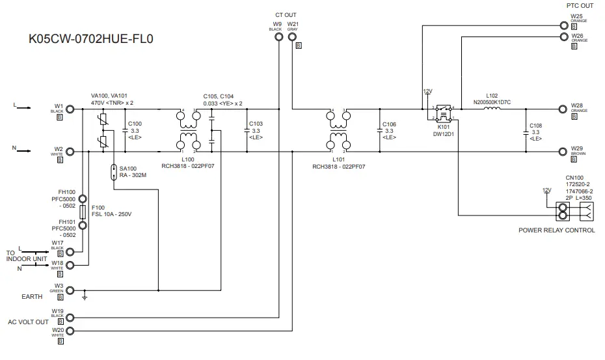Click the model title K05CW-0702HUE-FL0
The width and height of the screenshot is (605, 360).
pyautogui.click(x=91, y=38)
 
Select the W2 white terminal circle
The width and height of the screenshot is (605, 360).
pyautogui.click(x=71, y=152)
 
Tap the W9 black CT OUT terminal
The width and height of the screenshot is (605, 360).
pyautogui.click(x=279, y=36)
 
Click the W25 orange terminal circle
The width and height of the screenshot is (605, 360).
pyautogui.click(x=563, y=26)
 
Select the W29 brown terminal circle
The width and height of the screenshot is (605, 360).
pyautogui.click(x=563, y=152)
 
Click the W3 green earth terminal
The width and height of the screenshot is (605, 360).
pyautogui.click(x=71, y=290)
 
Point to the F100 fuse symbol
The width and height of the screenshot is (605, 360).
pyautogui.click(x=83, y=214)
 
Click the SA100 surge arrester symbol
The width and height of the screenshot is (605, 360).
pyautogui.click(x=114, y=173)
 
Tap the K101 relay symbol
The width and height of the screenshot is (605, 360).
pyautogui.click(x=444, y=114)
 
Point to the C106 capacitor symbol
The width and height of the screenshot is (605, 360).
pyautogui.click(x=379, y=131)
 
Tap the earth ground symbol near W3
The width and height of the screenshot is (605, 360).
pyautogui.click(x=84, y=299)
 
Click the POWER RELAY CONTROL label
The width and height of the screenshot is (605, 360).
pyautogui.click(x=556, y=230)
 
